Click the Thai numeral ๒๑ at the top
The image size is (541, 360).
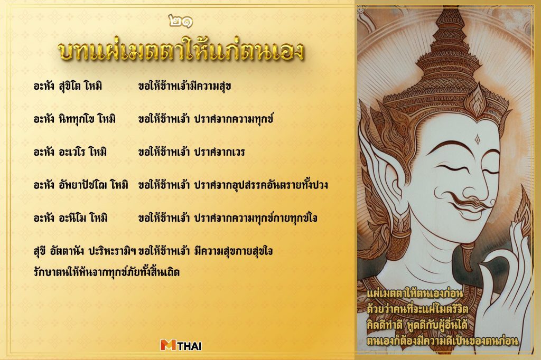click(x=180, y=22)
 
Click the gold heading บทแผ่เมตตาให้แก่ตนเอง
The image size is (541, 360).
click(x=180, y=52)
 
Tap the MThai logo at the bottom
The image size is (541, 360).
click(x=181, y=345)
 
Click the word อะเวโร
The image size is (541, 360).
click(x=77, y=152)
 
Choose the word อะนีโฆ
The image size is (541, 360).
click(x=78, y=217)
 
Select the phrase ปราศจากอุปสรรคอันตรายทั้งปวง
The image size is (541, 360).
click(x=261, y=185)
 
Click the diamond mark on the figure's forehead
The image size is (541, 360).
click(x=478, y=139)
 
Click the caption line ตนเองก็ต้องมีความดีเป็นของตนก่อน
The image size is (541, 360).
click(x=442, y=342)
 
